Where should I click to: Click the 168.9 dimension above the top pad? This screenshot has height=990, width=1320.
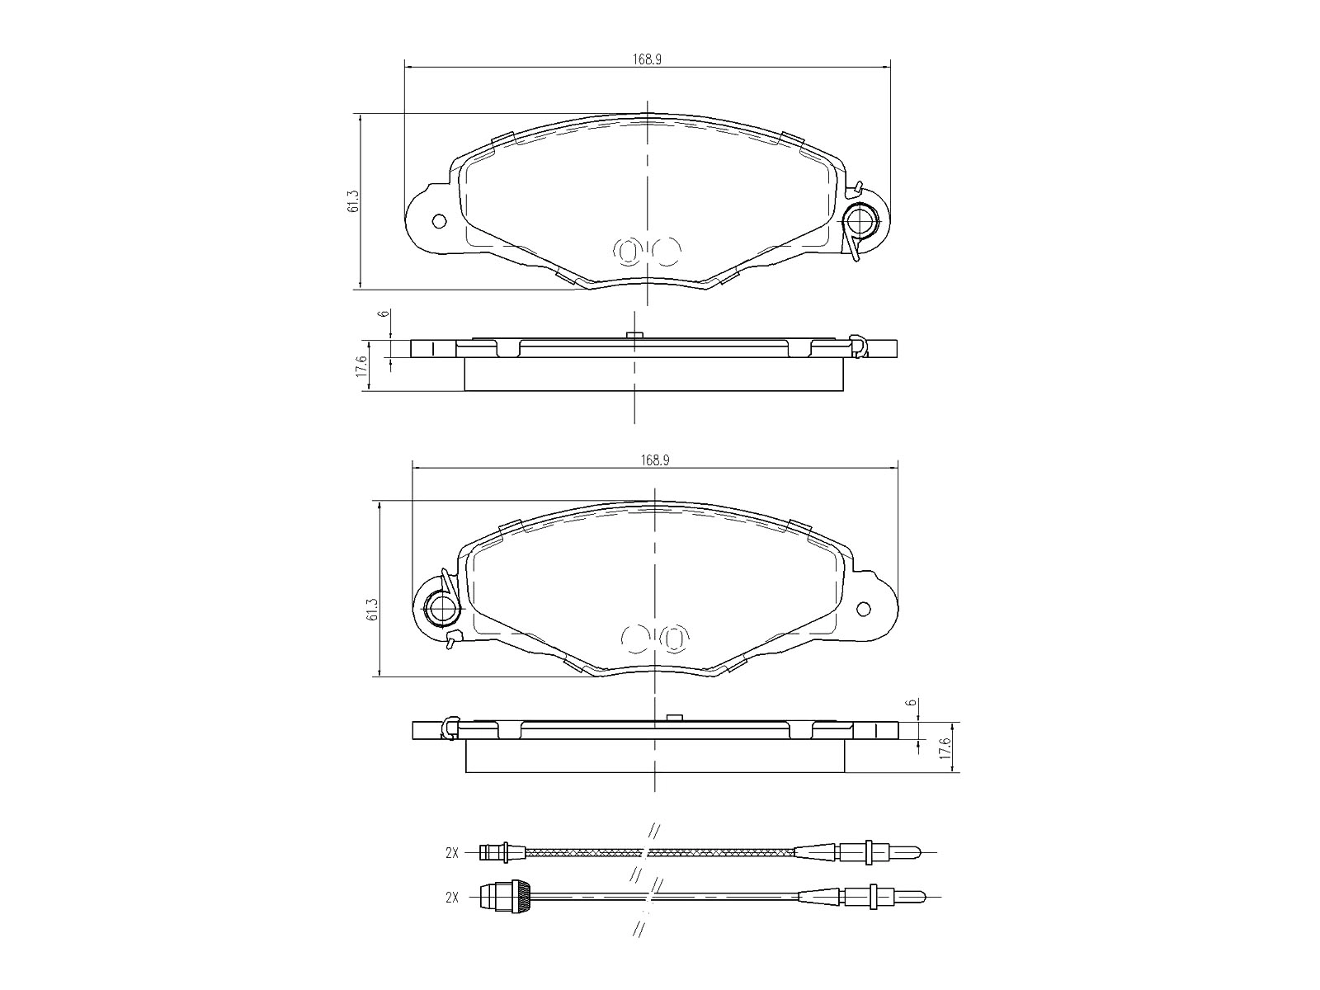click(648, 59)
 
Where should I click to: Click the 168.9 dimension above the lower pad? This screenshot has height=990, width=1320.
click(654, 460)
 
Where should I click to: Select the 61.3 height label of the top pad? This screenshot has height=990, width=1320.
click(353, 202)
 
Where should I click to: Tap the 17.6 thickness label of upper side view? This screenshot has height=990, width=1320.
click(361, 365)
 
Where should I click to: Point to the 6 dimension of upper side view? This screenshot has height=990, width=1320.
click(383, 315)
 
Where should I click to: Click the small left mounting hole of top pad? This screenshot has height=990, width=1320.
click(439, 221)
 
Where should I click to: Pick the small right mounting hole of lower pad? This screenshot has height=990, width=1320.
click(864, 609)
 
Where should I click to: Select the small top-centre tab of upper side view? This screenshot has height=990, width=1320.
click(634, 335)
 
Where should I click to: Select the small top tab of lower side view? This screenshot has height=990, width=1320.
click(673, 717)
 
